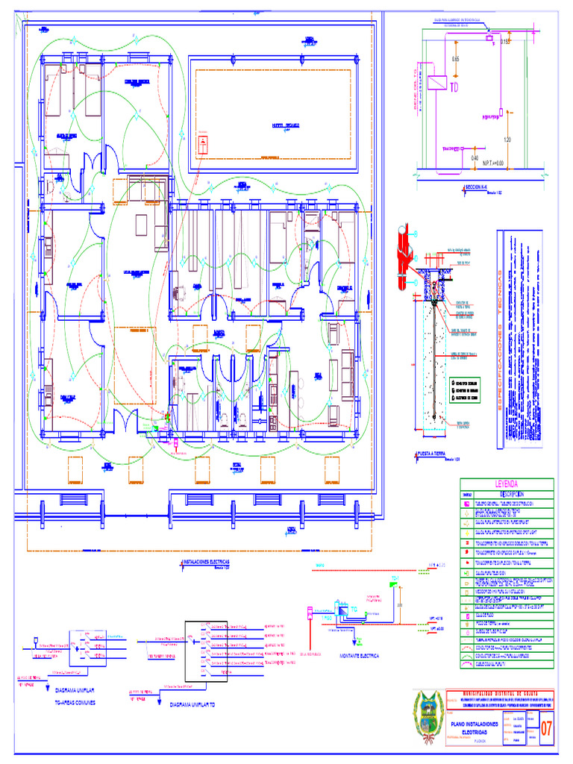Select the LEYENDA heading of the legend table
507,483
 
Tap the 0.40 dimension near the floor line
475,157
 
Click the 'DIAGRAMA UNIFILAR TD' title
192,704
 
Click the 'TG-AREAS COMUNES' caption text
75,702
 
